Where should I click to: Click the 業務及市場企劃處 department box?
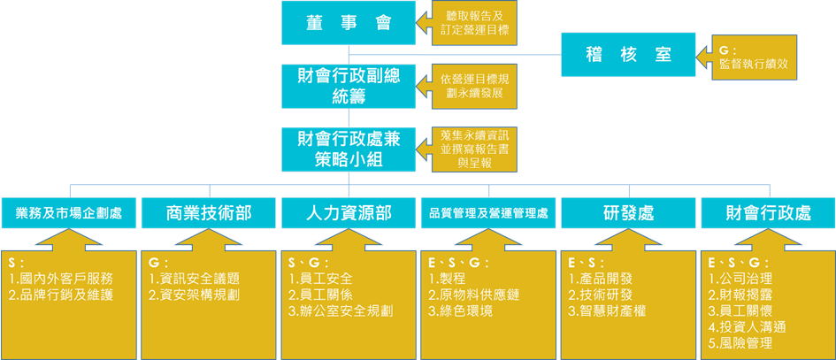pyautogui.click(x=69, y=212)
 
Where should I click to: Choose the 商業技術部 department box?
pyautogui.click(x=209, y=212)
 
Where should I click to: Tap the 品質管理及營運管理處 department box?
pyautogui.click(x=488, y=212)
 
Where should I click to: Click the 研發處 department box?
pyautogui.click(x=628, y=212)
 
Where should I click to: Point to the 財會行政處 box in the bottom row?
pyautogui.click(x=767, y=212)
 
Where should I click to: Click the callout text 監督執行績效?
pyautogui.click(x=754, y=64)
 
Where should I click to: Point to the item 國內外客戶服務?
pyautogui.click(x=65, y=279)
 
